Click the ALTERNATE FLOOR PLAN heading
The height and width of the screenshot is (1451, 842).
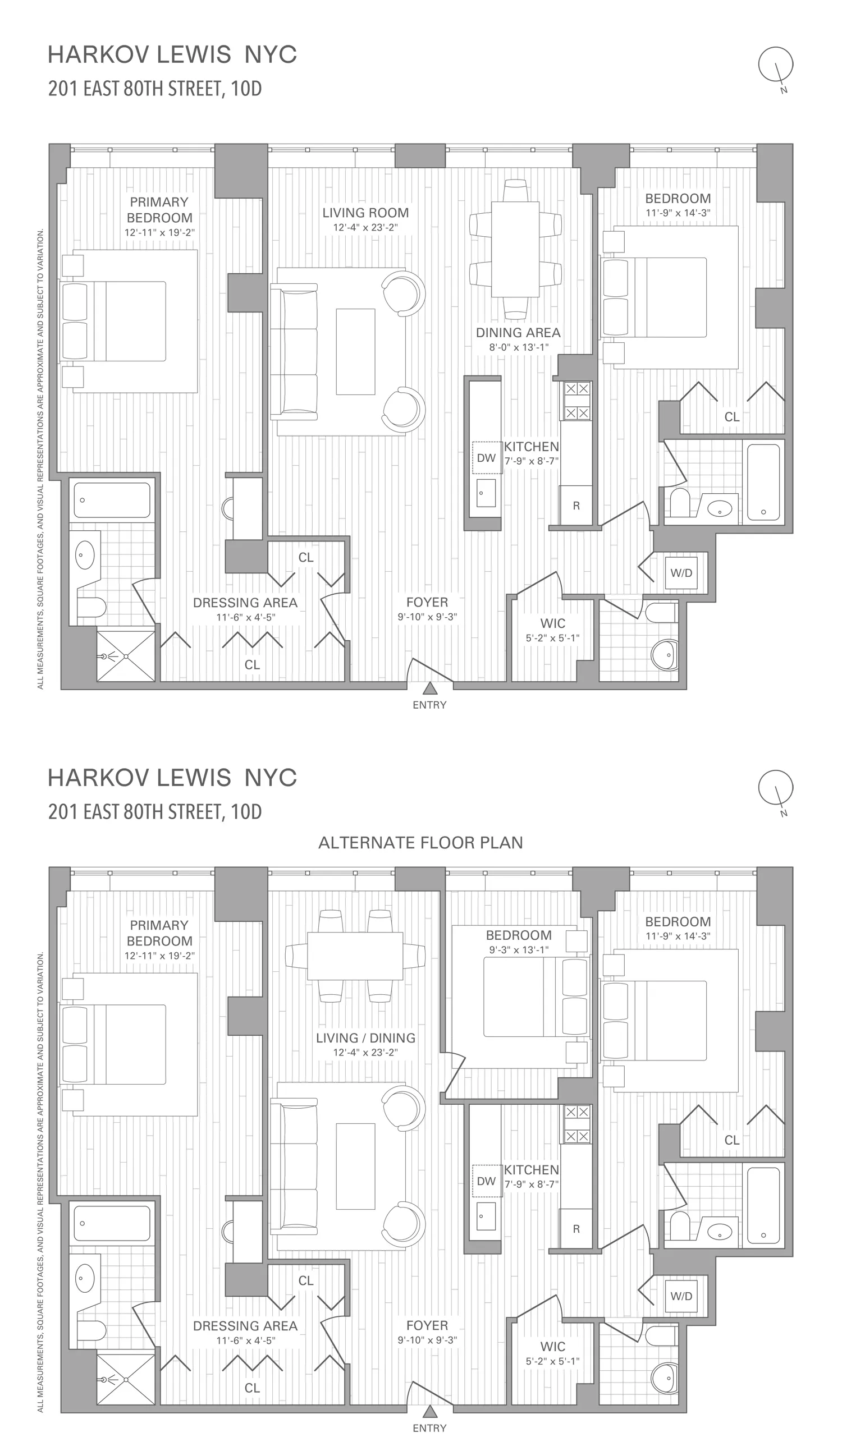pyautogui.click(x=420, y=842)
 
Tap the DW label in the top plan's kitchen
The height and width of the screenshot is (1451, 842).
pyautogui.click(x=486, y=458)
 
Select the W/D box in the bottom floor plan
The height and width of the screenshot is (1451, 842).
pyautogui.click(x=681, y=1296)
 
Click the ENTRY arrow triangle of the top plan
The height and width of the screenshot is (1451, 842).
pyautogui.click(x=429, y=688)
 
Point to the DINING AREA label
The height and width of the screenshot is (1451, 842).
pyautogui.click(x=518, y=332)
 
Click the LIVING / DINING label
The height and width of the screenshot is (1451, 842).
pyautogui.click(x=365, y=1037)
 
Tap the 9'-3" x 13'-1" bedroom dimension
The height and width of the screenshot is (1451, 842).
pyautogui.click(x=518, y=949)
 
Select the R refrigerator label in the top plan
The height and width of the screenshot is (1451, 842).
pyautogui.click(x=576, y=506)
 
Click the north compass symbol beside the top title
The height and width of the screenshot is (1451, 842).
pyautogui.click(x=776, y=65)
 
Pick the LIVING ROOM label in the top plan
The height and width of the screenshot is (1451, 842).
pyautogui.click(x=365, y=213)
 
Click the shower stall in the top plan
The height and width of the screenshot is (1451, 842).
pyautogui.click(x=126, y=656)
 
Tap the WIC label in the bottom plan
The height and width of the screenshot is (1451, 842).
pyautogui.click(x=552, y=1346)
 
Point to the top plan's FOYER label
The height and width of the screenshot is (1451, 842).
pyautogui.click(x=427, y=601)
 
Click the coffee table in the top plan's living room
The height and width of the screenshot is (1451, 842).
pyautogui.click(x=355, y=351)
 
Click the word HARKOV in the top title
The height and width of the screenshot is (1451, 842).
pyautogui.click(x=98, y=54)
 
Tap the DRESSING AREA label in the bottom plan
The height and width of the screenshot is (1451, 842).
pyautogui.click(x=245, y=1325)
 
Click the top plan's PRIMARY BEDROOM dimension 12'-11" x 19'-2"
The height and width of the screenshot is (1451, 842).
pyautogui.click(x=159, y=233)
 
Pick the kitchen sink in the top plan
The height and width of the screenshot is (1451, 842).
pyautogui.click(x=486, y=492)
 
